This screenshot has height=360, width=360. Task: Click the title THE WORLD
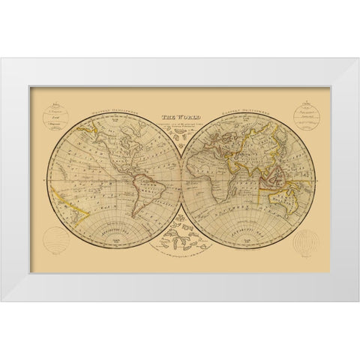click(x=179, y=117)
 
